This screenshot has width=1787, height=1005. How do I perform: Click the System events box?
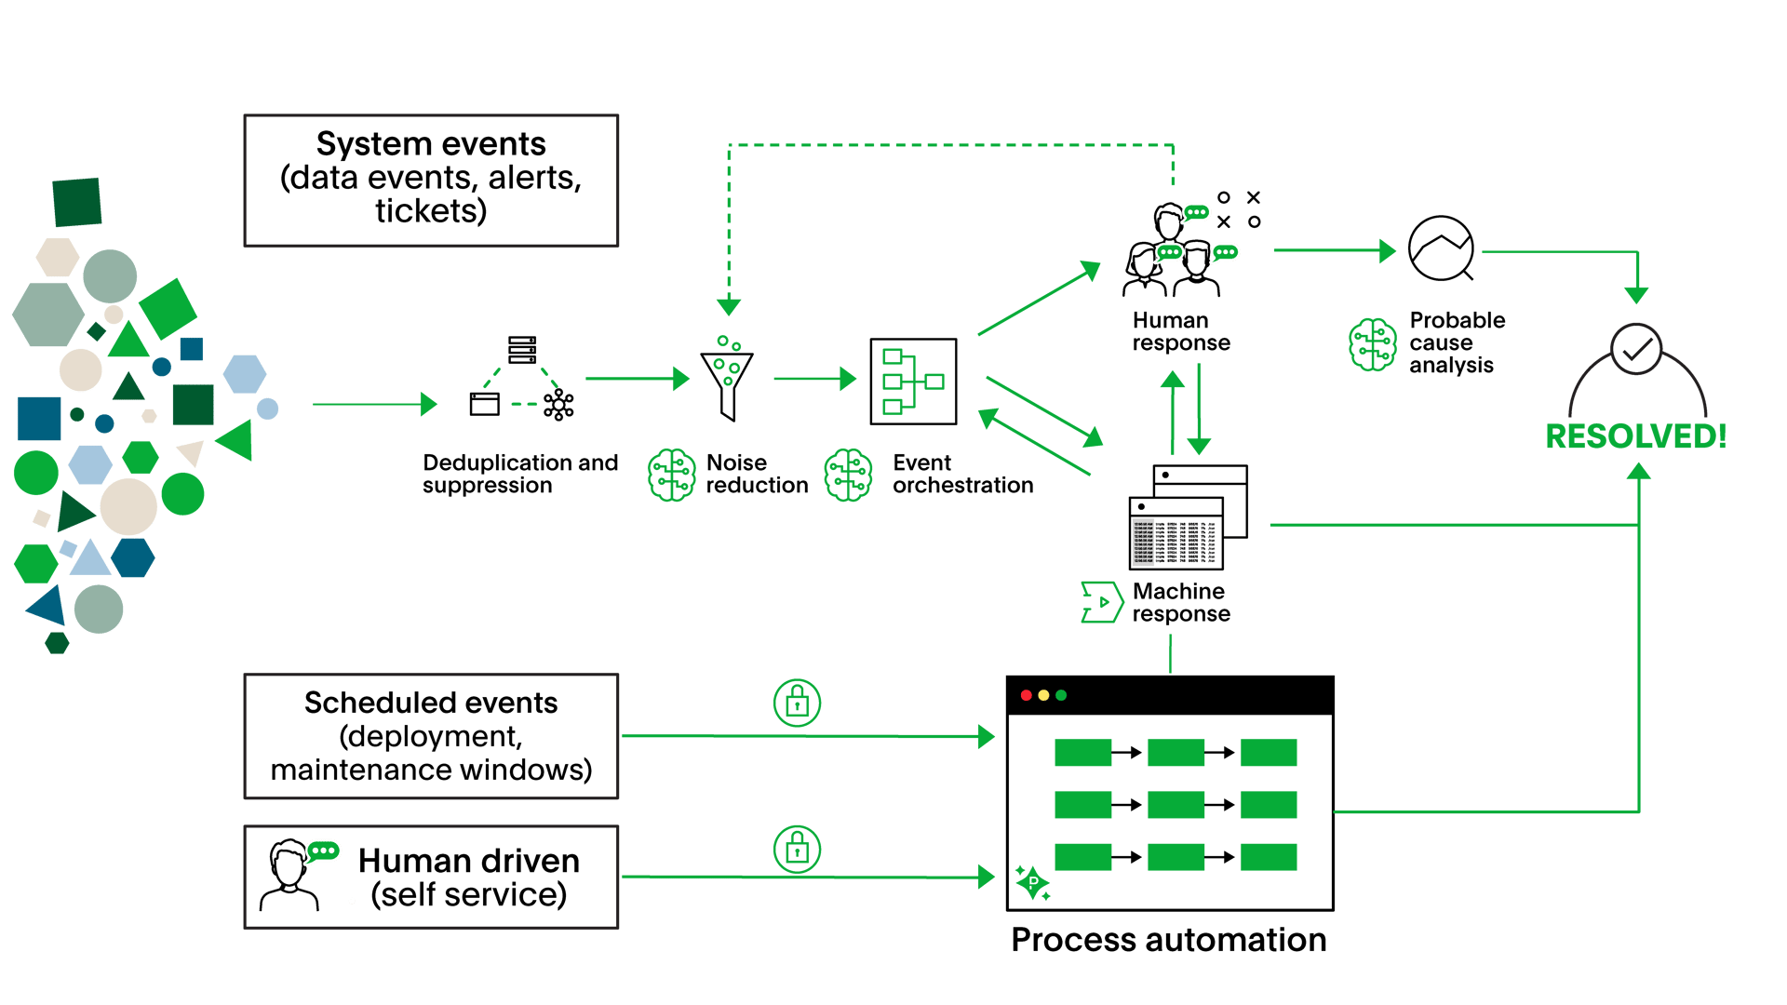coord(431,181)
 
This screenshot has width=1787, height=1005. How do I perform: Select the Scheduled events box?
coord(431,736)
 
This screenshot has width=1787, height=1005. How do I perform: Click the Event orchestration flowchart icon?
coord(913,382)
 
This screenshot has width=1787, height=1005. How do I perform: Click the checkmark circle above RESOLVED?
coord(1636,350)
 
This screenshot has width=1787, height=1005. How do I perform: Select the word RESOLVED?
coord(1635,436)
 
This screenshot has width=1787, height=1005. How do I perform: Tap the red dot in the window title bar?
coord(1027,695)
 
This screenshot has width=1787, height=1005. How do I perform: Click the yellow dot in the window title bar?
coord(1043,695)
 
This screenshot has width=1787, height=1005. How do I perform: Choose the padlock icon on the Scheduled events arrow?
coord(797,702)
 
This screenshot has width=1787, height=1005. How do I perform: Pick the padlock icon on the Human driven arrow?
coord(797,848)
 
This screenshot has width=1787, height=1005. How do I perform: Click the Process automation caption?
coord(1169,940)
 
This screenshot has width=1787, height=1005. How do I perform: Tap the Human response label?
coord(1180,332)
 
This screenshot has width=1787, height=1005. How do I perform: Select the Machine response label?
coord(1180,603)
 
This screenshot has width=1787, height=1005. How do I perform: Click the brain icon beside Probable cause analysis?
coord(1373,344)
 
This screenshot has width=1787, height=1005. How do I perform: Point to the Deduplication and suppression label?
coord(519,475)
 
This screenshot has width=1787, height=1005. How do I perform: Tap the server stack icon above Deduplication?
coord(522,350)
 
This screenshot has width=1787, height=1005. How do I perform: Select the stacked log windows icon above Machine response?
coord(1188,517)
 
